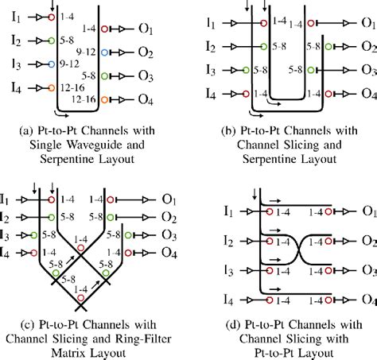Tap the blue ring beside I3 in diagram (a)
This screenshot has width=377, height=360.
[x=51, y=62]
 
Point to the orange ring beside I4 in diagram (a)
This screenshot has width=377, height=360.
[x=51, y=87]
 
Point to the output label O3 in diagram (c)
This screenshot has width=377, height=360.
[x=169, y=234]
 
